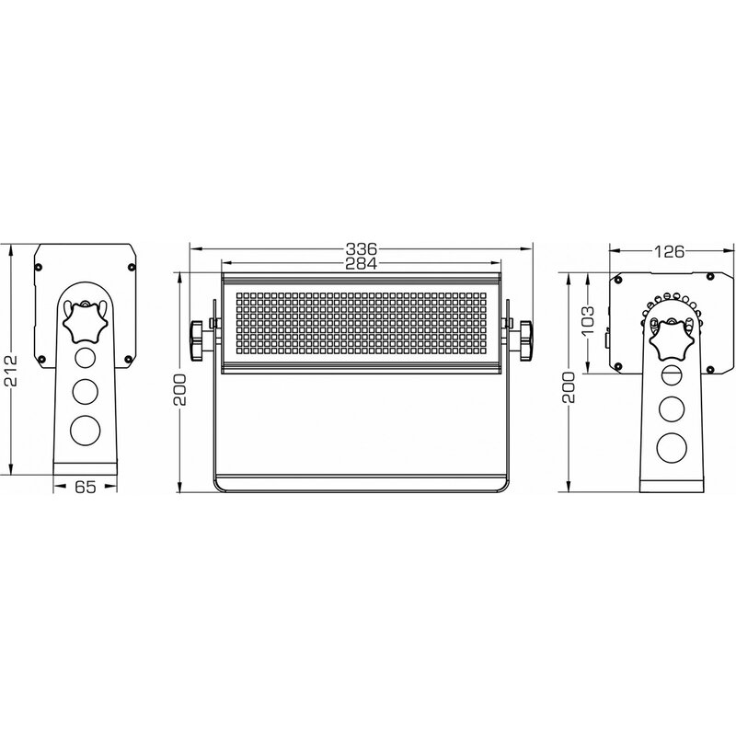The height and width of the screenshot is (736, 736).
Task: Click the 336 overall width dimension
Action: pyautogui.click(x=361, y=248)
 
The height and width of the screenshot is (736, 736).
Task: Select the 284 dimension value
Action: pyautogui.click(x=361, y=264)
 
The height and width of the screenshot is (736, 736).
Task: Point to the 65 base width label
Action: pyautogui.click(x=85, y=489)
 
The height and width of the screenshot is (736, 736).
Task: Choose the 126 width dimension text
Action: pyautogui.click(x=668, y=250)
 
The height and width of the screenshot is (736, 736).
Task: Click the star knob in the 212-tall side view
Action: pyautogui.click(x=85, y=322)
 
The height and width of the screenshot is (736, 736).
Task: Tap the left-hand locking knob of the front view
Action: pyautogui.click(x=198, y=339)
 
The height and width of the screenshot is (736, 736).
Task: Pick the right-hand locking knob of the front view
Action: pyautogui.click(x=526, y=339)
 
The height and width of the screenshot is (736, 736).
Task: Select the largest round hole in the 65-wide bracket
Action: pyautogui.click(x=85, y=430)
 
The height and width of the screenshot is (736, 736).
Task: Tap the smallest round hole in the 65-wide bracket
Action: pyautogui.click(x=85, y=359)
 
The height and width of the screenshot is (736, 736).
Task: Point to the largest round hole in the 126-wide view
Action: pyautogui.click(x=671, y=446)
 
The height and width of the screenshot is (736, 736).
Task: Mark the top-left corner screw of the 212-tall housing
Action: pyautogui.click(x=39, y=266)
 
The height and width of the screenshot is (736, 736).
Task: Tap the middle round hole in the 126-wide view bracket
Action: pyautogui.click(x=671, y=408)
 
